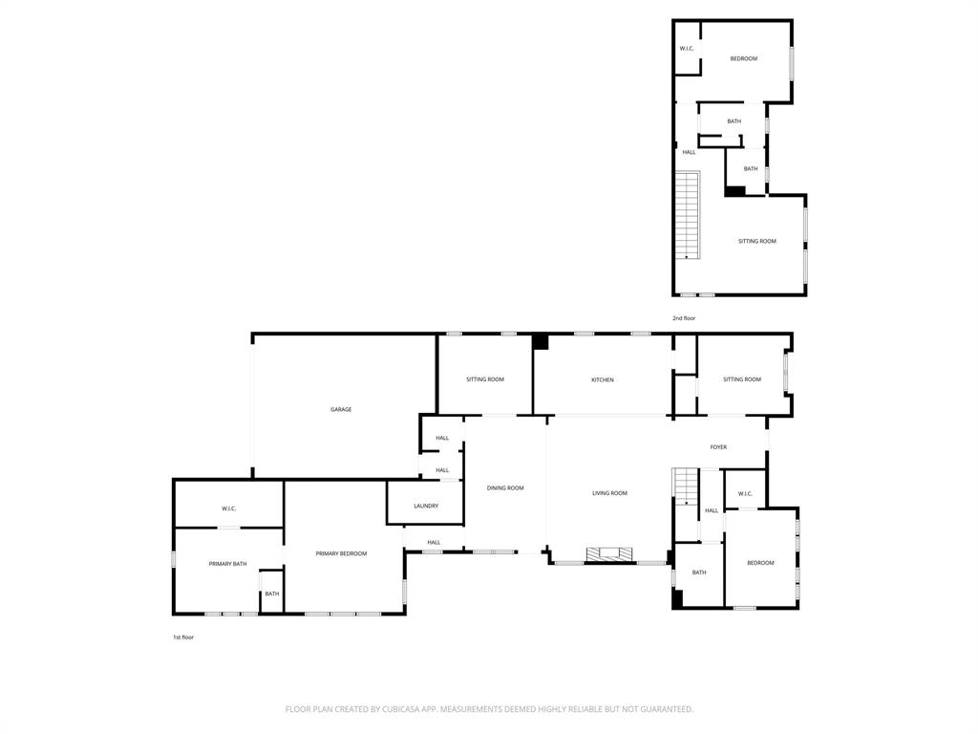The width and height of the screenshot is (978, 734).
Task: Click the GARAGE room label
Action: click(x=341, y=409)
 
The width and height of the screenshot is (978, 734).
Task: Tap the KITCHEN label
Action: click(x=603, y=380)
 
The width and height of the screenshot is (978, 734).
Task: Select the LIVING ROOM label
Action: click(x=609, y=493)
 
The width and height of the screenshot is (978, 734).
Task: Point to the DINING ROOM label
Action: click(x=505, y=488)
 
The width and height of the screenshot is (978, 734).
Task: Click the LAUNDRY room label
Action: click(x=426, y=506)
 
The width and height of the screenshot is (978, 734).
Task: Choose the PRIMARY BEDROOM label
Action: click(x=341, y=553)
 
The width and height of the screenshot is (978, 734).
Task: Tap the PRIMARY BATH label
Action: click(x=227, y=564)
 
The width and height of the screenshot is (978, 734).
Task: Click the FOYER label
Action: click(x=718, y=447)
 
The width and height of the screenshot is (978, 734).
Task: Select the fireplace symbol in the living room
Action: click(x=609, y=553)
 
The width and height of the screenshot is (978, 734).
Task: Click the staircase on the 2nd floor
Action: click(x=688, y=215)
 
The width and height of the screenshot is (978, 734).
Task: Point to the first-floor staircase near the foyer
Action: click(x=686, y=485)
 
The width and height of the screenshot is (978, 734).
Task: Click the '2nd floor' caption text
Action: click(x=684, y=318)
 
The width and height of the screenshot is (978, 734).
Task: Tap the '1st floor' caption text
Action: click(x=182, y=637)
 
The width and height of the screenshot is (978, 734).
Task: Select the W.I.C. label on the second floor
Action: click(x=687, y=49)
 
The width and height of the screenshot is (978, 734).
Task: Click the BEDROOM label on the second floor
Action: click(x=744, y=59)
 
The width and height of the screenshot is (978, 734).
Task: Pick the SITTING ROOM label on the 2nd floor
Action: click(x=756, y=242)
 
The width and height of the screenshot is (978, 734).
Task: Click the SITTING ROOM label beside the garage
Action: click(x=485, y=379)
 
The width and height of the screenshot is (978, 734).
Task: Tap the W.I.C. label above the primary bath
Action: click(x=229, y=508)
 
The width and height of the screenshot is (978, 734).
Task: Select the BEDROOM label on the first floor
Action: click(x=760, y=563)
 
